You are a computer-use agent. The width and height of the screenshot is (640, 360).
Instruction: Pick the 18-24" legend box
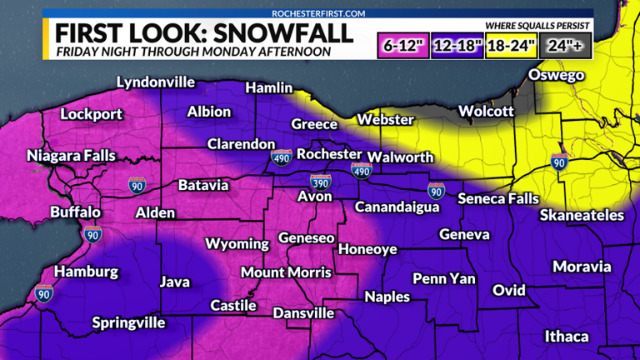[x=511, y=44]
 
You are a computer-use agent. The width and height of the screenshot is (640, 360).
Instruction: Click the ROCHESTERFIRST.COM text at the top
[x=319, y=13]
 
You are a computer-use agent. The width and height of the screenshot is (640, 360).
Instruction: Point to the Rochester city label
[x=329, y=155]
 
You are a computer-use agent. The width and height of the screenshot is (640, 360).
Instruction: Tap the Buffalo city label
[x=75, y=212]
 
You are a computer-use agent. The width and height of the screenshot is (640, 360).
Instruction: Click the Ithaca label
[x=567, y=337]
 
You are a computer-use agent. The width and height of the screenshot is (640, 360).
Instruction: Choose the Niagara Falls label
[x=71, y=156]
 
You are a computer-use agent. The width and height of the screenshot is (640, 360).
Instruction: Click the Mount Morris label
[x=286, y=272]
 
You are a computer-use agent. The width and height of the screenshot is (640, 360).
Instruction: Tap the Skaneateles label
[x=582, y=216]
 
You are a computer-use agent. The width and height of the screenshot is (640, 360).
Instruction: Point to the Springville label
[x=128, y=322]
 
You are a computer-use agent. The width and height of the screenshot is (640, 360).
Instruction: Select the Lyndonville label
[x=155, y=82]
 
